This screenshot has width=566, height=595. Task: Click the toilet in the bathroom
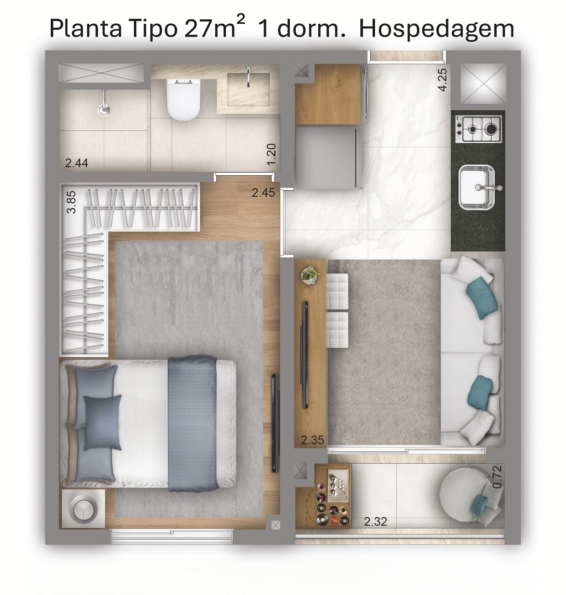click(183, 100)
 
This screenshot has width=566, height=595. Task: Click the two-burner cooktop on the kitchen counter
click(478, 129)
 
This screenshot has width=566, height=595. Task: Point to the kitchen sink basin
click(477, 187)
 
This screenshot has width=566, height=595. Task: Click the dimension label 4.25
click(443, 80)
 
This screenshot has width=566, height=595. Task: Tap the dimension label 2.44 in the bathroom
click(77, 163)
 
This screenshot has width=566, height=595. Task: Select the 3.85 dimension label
click(72, 202)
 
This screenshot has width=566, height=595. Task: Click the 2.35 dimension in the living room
click(312, 440)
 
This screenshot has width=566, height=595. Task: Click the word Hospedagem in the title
click(437, 29)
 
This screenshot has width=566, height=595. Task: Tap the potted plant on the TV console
click(310, 275)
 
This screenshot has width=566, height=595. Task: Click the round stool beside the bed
click(83, 510)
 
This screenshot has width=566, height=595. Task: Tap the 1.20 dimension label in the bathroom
click(272, 154)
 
